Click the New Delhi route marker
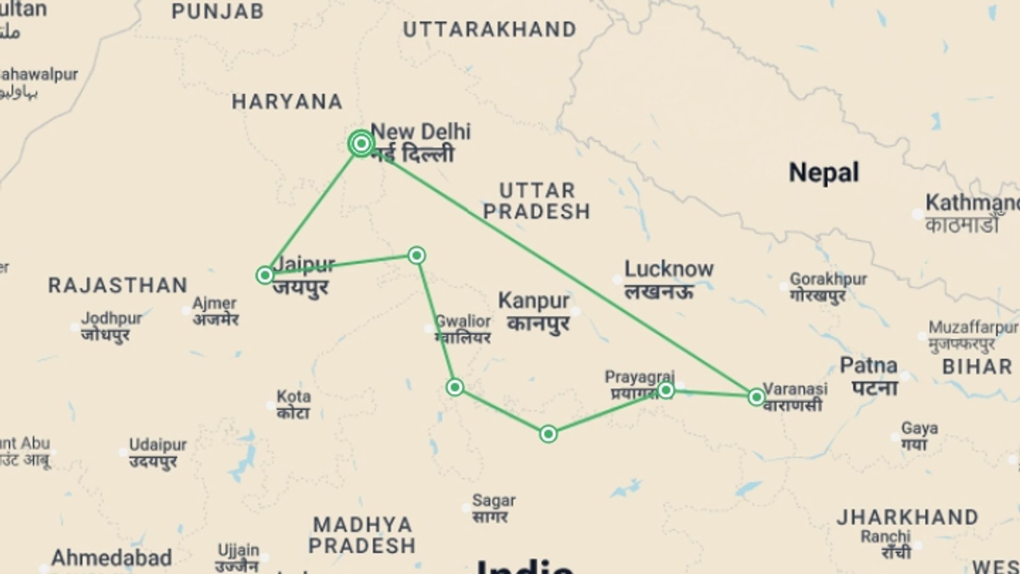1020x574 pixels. [x=361, y=143]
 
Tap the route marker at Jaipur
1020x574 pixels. [x=265, y=275]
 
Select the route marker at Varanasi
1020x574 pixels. [x=756, y=397]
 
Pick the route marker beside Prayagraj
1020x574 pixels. [x=666, y=391]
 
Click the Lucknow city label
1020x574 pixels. [x=668, y=269]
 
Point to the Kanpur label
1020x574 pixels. [x=533, y=301]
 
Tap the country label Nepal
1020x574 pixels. [x=823, y=173]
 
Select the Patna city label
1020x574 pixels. [x=869, y=366]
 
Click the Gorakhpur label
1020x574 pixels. [x=828, y=278]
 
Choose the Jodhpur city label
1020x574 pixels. [x=111, y=318]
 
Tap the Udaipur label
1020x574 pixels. [x=158, y=444]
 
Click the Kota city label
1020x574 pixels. [x=293, y=396]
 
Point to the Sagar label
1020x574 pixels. [x=494, y=500]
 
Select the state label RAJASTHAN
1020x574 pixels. [x=118, y=285]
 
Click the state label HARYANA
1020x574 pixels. [x=287, y=102]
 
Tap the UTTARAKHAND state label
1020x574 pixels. [x=489, y=30]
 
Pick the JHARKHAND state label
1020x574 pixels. [x=907, y=517]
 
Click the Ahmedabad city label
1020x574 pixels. [x=112, y=558]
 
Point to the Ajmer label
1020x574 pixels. [x=214, y=303]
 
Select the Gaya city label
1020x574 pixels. [x=919, y=428]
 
